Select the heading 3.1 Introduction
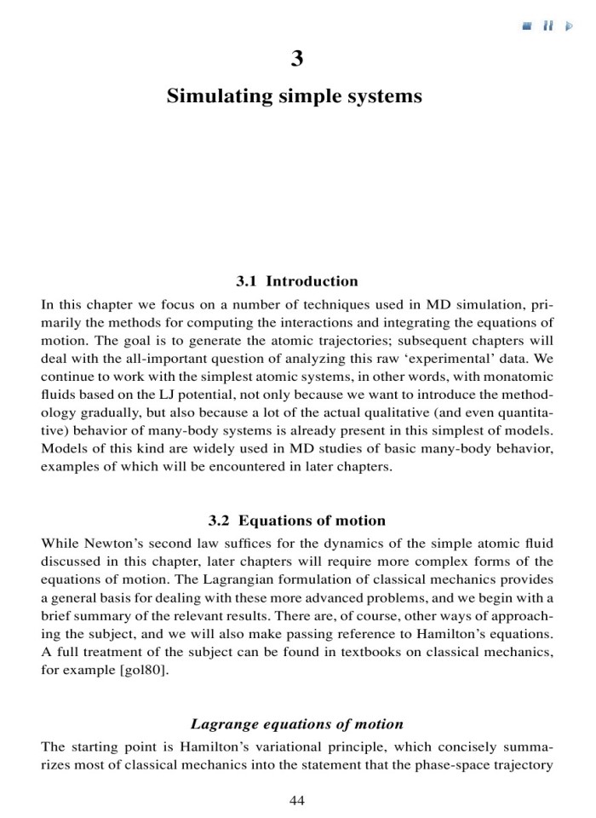(297, 281)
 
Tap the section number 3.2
(221, 520)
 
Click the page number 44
(297, 799)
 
